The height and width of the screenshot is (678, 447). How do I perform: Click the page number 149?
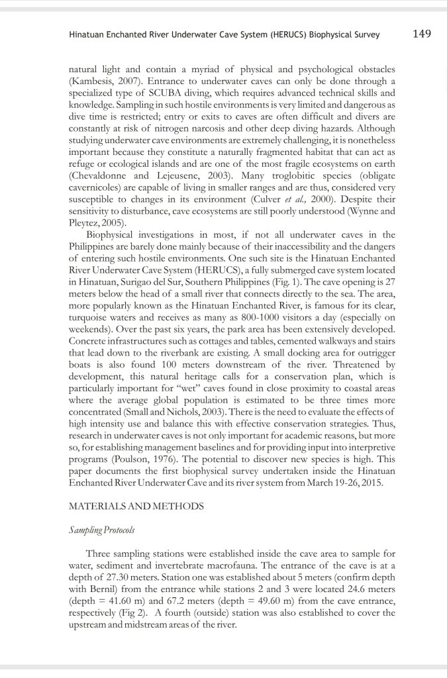[x=422, y=34]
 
